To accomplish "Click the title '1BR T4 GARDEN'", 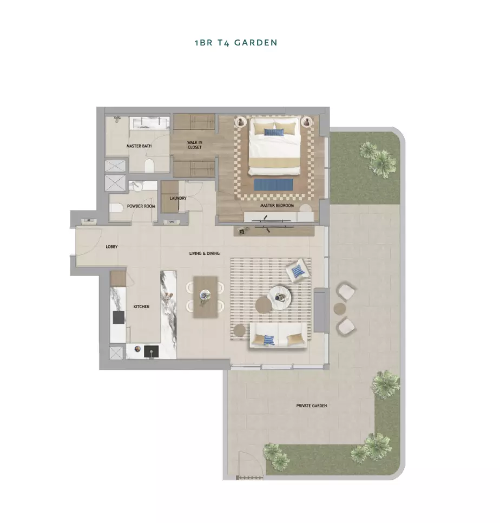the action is click(236, 43).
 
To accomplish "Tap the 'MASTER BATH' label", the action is click(139, 146).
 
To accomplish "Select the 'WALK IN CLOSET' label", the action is click(195, 145).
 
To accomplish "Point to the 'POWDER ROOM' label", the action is click(141, 206).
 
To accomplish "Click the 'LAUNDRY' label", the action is click(178, 198).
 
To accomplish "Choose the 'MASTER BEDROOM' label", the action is click(277, 206).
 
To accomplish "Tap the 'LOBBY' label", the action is click(111, 247).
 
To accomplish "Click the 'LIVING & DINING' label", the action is click(205, 253).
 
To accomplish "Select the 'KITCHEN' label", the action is click(141, 306).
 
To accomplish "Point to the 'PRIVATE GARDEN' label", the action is click(312, 406).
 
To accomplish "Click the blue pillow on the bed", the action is click(274, 132).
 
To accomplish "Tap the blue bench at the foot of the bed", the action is click(274, 185).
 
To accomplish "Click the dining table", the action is click(205, 297).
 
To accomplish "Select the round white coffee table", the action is click(279, 297).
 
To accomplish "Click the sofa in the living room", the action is click(278, 336).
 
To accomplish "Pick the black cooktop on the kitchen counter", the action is click(119, 317).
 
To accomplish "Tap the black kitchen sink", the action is click(152, 351).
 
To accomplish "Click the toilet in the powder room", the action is click(115, 209).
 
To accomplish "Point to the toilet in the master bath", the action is click(149, 166).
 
